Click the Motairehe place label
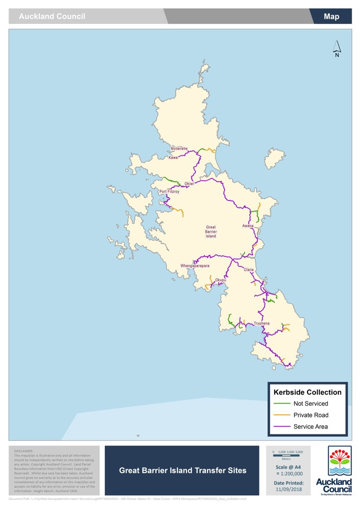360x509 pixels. pos(179,149)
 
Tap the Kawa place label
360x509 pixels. pos(173,158)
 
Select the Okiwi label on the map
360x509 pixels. pos(189,183)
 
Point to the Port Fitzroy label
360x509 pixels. pos(169,192)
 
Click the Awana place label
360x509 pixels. pos(248,226)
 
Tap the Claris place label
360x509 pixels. pos(249,270)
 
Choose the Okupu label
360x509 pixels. pos(220,280)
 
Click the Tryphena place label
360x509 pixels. pos(262,323)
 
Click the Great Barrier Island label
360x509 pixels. pos(211,231)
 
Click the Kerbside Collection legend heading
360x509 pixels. pos(307,392)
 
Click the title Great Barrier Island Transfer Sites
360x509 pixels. pos(183,470)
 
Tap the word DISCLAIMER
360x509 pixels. pos(23,451)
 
